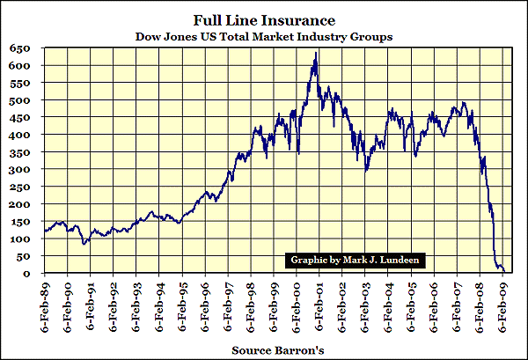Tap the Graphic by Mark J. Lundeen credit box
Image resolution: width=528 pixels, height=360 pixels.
pyautogui.click(x=356, y=261)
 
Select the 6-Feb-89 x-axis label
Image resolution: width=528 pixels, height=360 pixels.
pyautogui.click(x=45, y=303)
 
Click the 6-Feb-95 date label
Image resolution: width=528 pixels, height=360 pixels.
pyautogui.click(x=183, y=303)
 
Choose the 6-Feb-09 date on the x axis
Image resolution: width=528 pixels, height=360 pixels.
pyautogui.click(x=503, y=303)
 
